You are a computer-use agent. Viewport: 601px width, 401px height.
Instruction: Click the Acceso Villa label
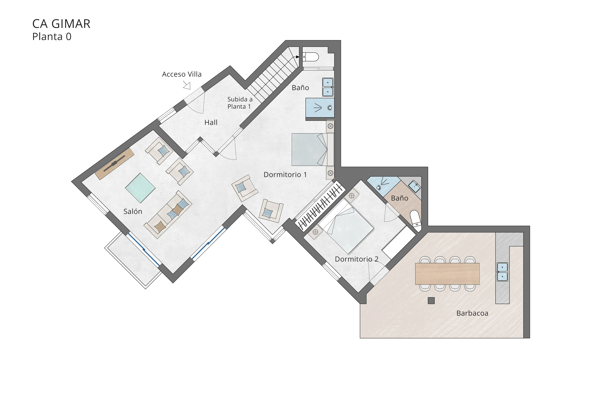[182, 74]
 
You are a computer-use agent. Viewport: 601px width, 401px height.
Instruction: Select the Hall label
[211, 122]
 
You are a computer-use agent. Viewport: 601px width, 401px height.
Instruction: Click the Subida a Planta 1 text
[240, 103]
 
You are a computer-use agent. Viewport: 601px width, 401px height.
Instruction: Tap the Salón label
[133, 211]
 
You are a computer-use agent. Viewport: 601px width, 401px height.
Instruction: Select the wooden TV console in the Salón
[115, 164]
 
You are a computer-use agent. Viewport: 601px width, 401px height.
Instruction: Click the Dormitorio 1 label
[285, 175]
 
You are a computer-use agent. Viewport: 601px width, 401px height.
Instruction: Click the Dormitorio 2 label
[356, 259]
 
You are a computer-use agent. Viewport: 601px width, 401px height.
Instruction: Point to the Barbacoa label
[472, 313]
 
